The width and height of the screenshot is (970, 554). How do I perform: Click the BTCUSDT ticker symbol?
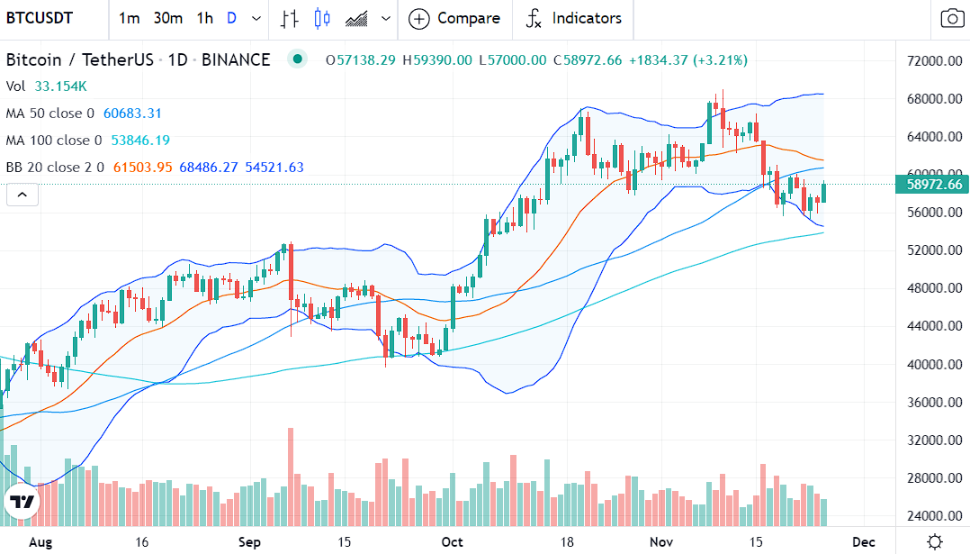click(40, 18)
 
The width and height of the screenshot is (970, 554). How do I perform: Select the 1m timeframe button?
click(129, 18)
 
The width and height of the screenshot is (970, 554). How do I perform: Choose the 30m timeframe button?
click(167, 18)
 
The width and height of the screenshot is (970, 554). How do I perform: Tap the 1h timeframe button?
click(205, 18)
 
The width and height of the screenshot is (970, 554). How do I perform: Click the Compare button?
click(454, 18)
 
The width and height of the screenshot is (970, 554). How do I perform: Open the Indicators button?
click(573, 18)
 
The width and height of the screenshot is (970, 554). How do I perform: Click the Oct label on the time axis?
click(453, 542)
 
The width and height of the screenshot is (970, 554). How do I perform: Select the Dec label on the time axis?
click(864, 542)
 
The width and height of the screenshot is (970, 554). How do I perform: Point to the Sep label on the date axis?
click(249, 542)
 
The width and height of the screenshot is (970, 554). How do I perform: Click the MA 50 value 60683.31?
click(132, 114)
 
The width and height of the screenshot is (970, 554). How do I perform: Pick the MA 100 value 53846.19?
click(139, 141)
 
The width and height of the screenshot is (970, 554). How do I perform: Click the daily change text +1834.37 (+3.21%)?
click(687, 60)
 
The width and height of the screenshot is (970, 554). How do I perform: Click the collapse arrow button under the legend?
click(22, 194)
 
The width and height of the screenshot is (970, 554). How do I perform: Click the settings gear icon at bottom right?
click(935, 541)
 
